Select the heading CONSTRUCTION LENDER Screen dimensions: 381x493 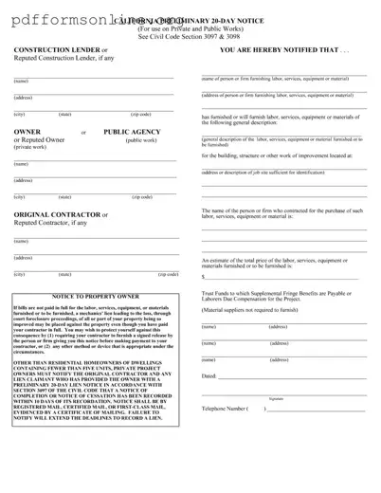click(58, 48)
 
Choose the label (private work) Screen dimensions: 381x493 click(31, 147)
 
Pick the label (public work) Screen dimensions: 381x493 click(141, 140)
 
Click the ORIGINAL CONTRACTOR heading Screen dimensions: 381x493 click(58, 214)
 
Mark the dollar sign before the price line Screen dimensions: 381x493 click(204, 277)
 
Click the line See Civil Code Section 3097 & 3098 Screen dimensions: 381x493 click(190, 35)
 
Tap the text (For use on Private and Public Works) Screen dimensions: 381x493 click(190, 27)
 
